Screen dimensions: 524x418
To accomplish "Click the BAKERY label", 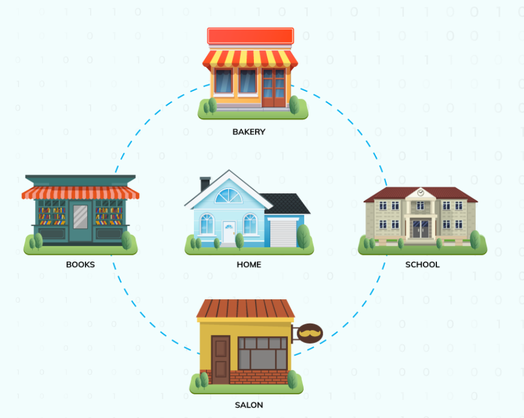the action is (249, 131).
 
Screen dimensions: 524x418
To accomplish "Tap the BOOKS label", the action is (80, 265).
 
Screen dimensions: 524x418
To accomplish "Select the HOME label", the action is (249, 265).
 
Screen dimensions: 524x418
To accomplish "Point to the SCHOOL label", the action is (422, 265).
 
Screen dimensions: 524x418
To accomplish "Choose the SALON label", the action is (249, 405).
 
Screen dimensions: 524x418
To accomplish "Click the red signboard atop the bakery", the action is (250, 36).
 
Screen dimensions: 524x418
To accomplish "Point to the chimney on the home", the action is (205, 184).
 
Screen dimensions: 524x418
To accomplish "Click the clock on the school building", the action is (421, 192).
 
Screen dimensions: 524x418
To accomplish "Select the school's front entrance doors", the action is (421, 228).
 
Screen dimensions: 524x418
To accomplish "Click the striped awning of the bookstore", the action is (80, 193).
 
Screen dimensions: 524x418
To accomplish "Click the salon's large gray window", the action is (263, 353).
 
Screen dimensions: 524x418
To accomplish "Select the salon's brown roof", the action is (245, 309).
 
